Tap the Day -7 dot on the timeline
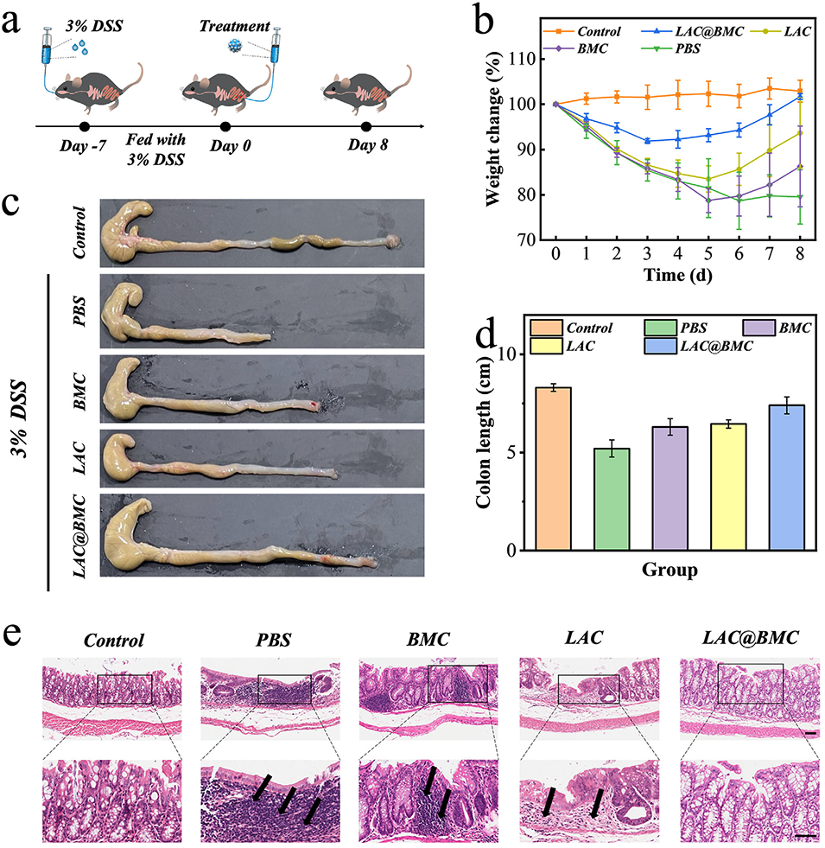[x=85, y=127]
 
